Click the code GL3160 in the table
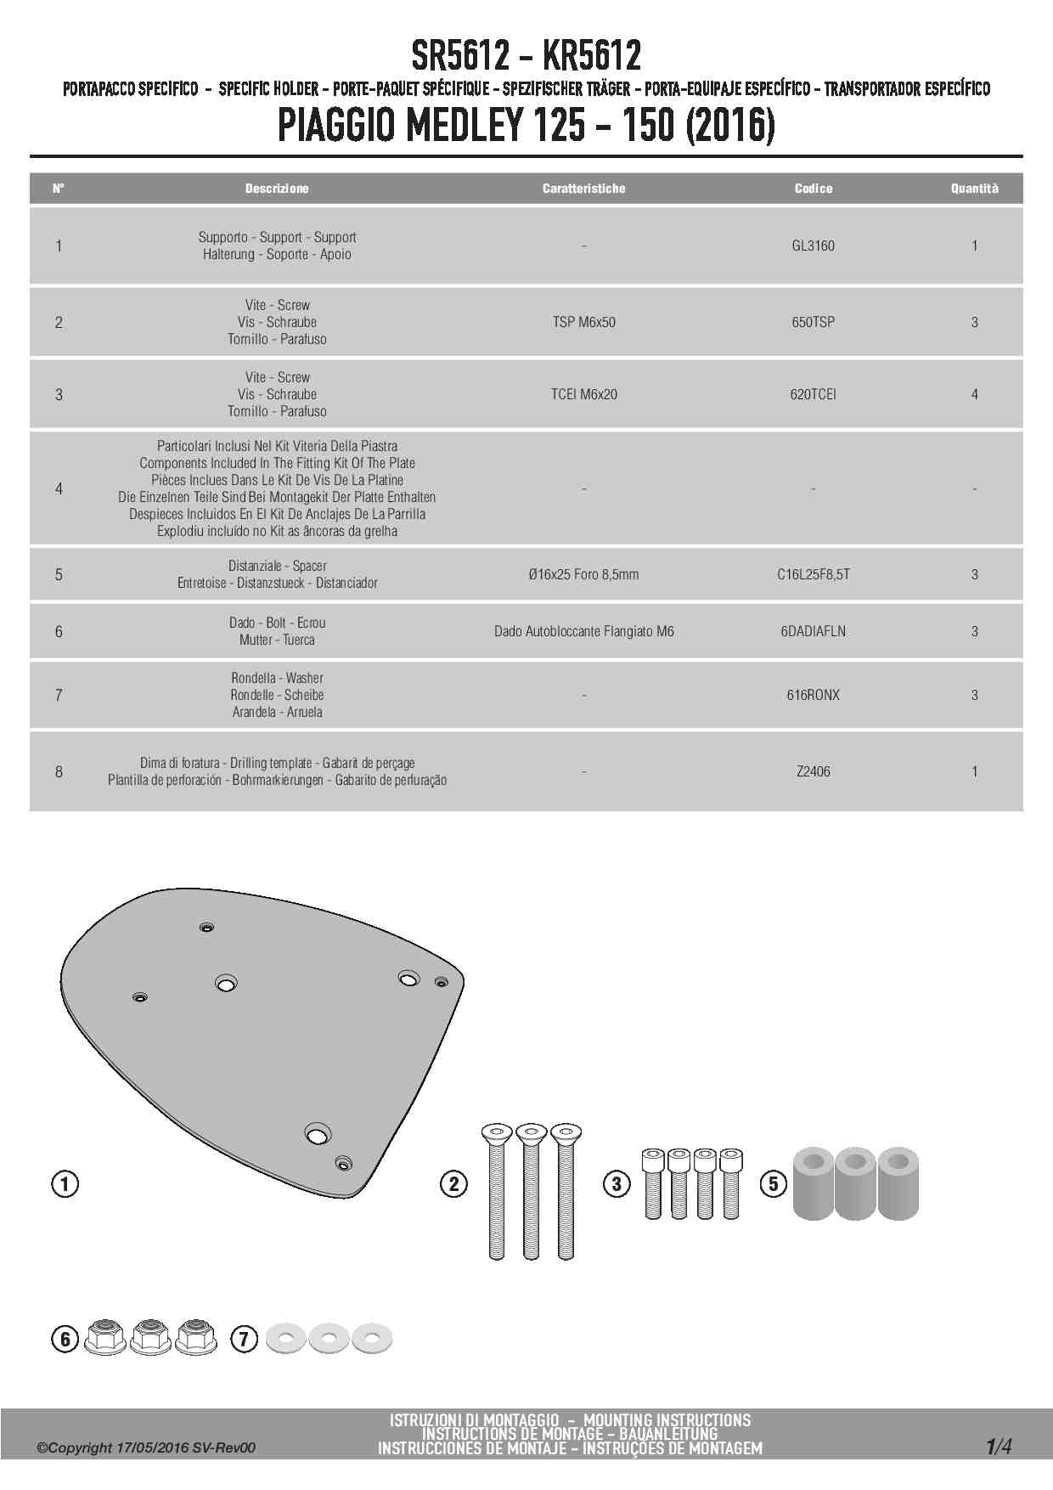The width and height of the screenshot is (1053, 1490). (x=813, y=246)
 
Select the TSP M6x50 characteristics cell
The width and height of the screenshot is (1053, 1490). (x=583, y=322)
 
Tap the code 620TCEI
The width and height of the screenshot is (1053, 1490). (x=813, y=394)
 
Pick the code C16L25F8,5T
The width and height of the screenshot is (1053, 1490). (x=813, y=574)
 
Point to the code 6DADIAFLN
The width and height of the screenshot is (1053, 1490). (x=813, y=631)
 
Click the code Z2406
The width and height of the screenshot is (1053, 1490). (x=813, y=771)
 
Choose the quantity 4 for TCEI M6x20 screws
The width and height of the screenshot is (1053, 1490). (x=974, y=394)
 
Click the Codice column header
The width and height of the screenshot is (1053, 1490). (x=813, y=189)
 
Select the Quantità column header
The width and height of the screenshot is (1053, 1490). (x=974, y=189)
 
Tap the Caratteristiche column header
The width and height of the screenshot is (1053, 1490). (x=583, y=189)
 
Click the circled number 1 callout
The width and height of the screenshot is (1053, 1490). (x=65, y=1183)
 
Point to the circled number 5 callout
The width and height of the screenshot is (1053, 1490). (x=773, y=1183)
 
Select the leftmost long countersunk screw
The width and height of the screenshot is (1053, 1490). (x=497, y=1189)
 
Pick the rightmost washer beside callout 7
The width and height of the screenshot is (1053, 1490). (x=372, y=1339)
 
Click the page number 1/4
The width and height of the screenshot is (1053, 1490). (x=999, y=1447)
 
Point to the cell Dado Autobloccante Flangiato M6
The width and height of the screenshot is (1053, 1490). (x=583, y=631)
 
